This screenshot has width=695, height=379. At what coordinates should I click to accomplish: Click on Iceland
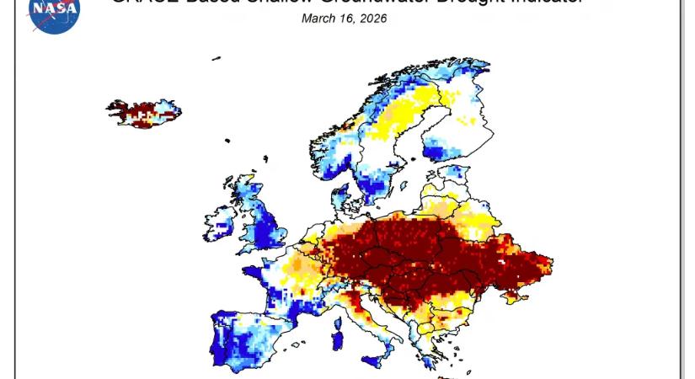tap(143, 113)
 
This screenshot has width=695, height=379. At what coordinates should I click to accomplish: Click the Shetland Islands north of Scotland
tap(265, 157)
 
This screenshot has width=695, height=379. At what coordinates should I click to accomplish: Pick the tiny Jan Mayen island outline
tap(217, 58)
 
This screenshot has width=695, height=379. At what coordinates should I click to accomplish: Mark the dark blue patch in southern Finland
tap(434, 152)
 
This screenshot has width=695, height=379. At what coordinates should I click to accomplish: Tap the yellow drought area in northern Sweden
tap(396, 118)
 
